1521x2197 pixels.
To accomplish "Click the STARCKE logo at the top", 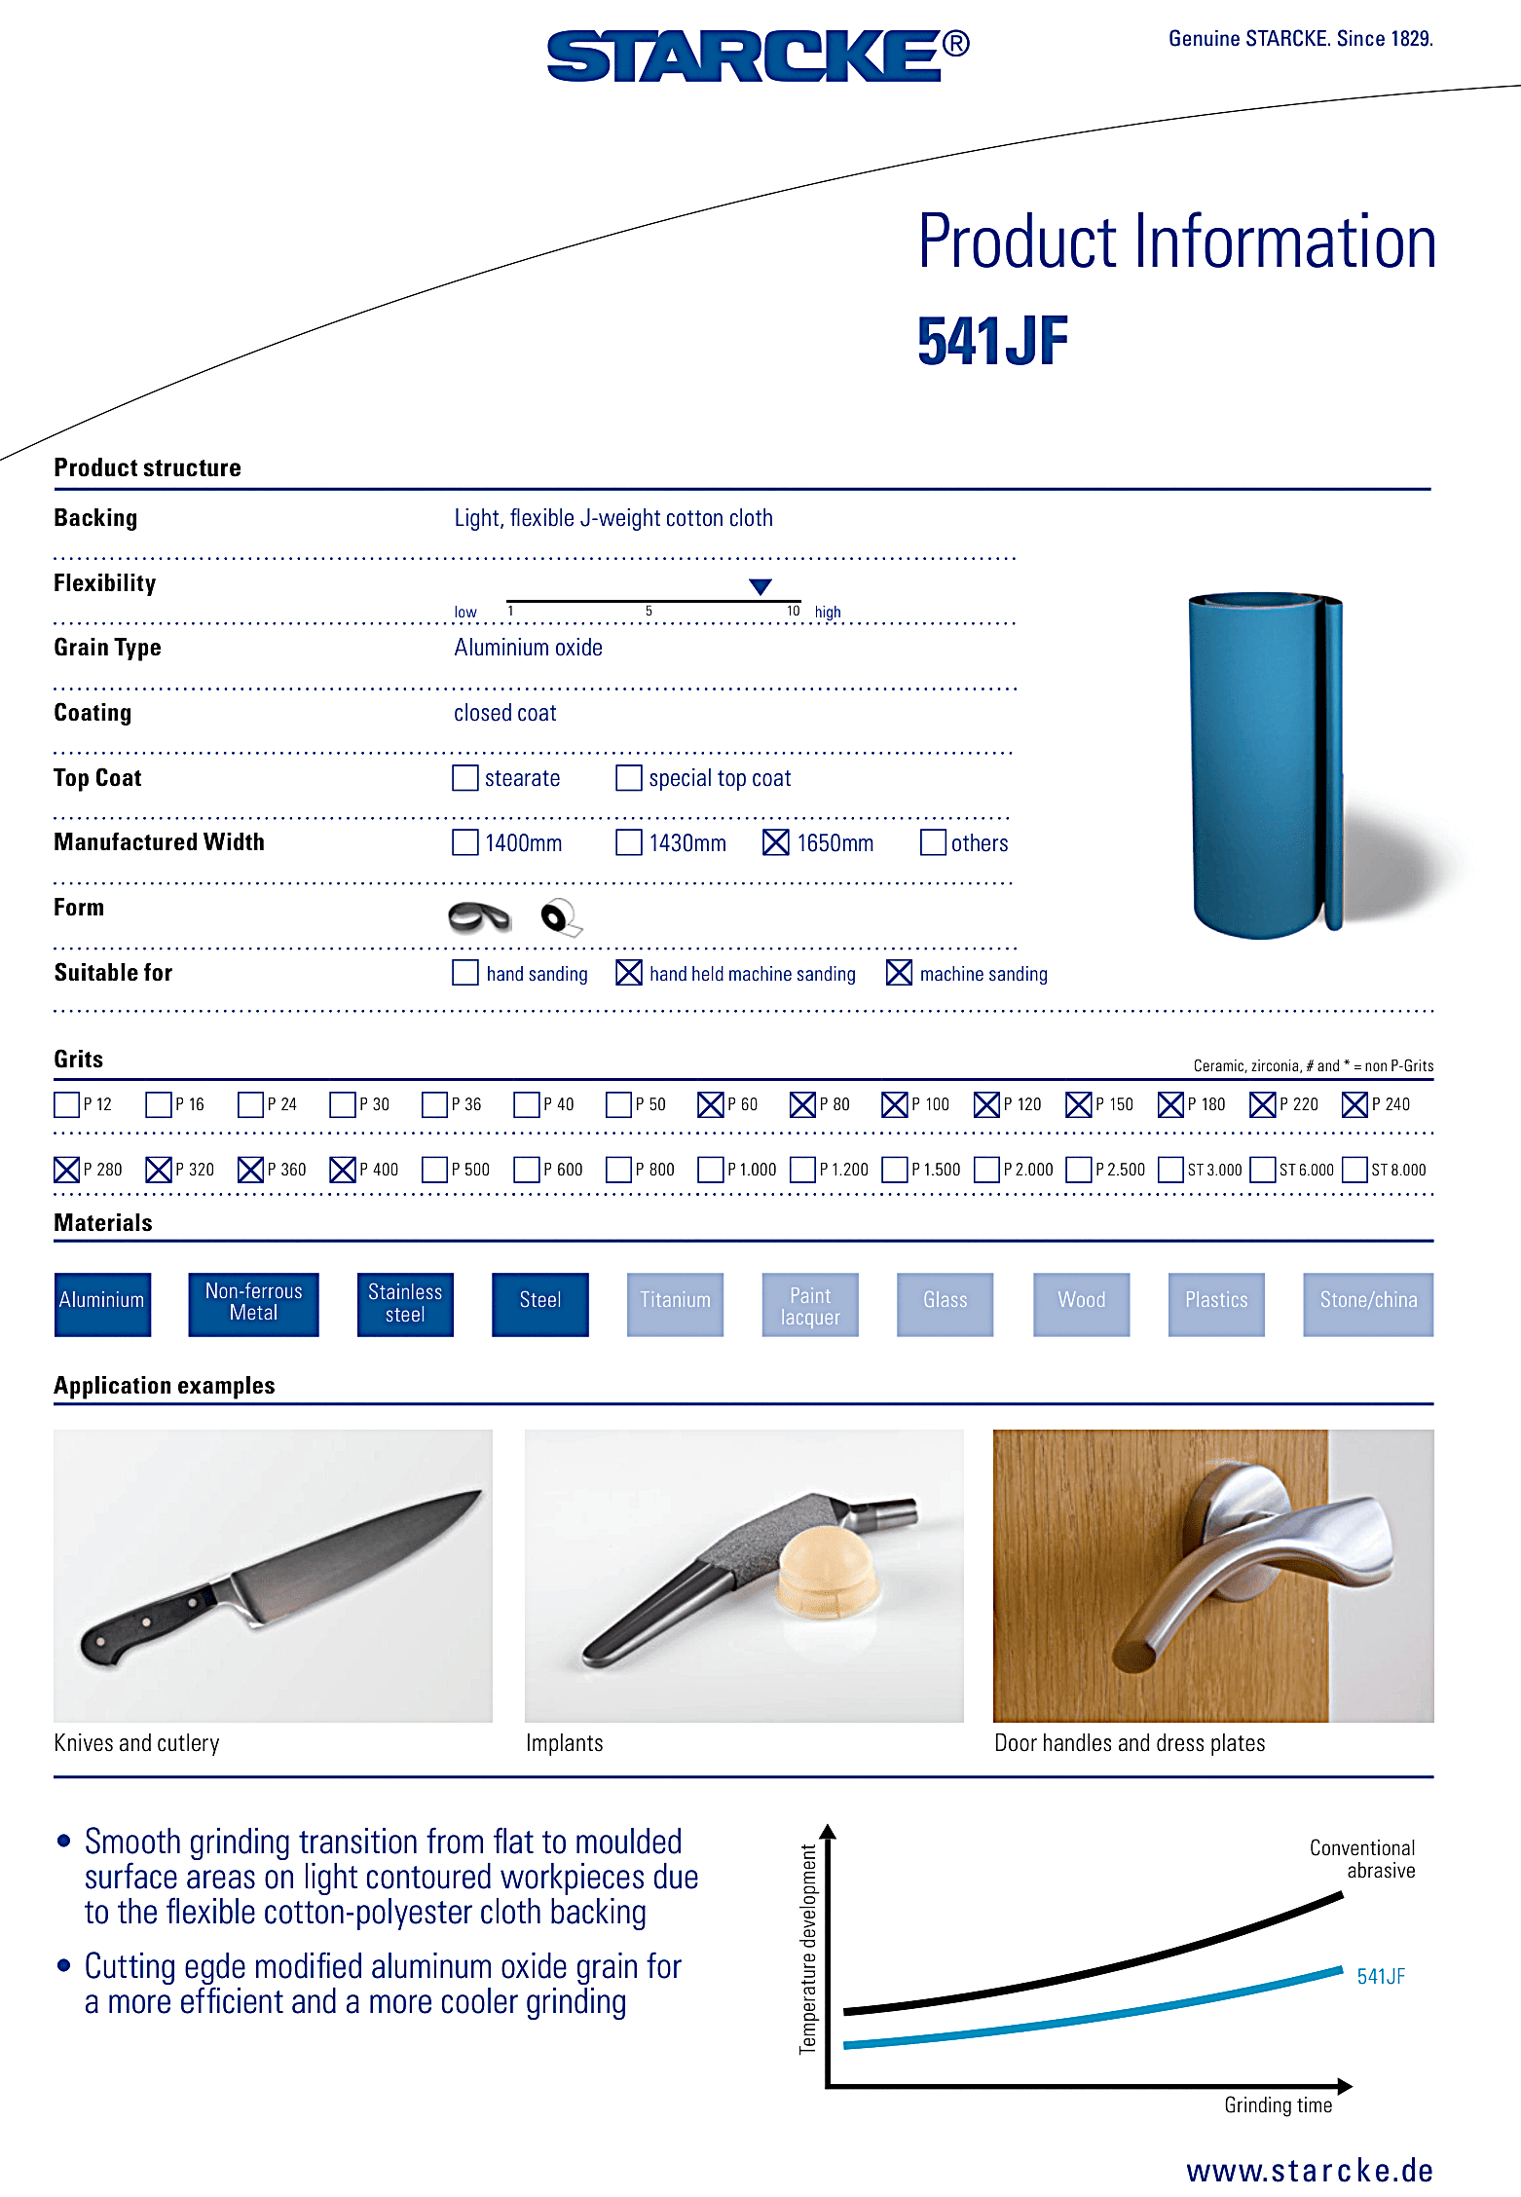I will click(757, 56).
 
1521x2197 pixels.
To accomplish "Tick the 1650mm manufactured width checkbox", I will click(776, 842).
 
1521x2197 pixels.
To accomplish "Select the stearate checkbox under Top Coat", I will click(465, 778).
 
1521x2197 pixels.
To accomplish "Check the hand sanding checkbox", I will click(465, 973).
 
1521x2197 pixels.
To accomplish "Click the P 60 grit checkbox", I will click(711, 1104).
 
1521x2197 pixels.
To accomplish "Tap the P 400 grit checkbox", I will click(343, 1170).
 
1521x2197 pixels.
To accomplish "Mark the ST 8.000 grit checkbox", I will click(1354, 1170).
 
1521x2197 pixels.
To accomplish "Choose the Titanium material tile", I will click(675, 1304).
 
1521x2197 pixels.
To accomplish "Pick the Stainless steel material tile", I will click(405, 1304).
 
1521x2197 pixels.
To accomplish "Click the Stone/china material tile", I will click(1368, 1304).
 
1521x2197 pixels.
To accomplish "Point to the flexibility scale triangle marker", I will click(760, 586).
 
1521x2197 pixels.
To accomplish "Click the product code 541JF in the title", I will click(992, 342).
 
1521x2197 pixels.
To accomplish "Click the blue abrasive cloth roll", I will click(1264, 765).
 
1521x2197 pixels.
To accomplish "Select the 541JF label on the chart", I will click(1381, 1977).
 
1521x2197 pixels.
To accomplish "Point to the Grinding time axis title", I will click(1278, 2105).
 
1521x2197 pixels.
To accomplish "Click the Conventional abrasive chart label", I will click(1362, 1859).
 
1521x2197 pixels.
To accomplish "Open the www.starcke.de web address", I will click(1310, 2171).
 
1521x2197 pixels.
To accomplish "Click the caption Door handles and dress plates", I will click(1130, 1743).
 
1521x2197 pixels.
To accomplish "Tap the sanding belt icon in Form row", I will click(479, 916).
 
